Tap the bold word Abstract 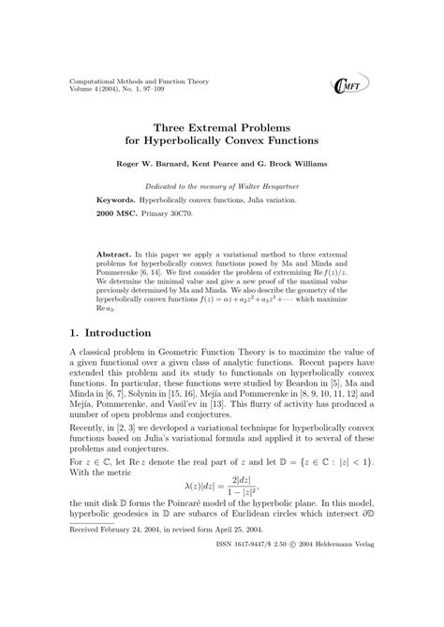[114, 255]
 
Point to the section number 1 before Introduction [74, 333]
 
